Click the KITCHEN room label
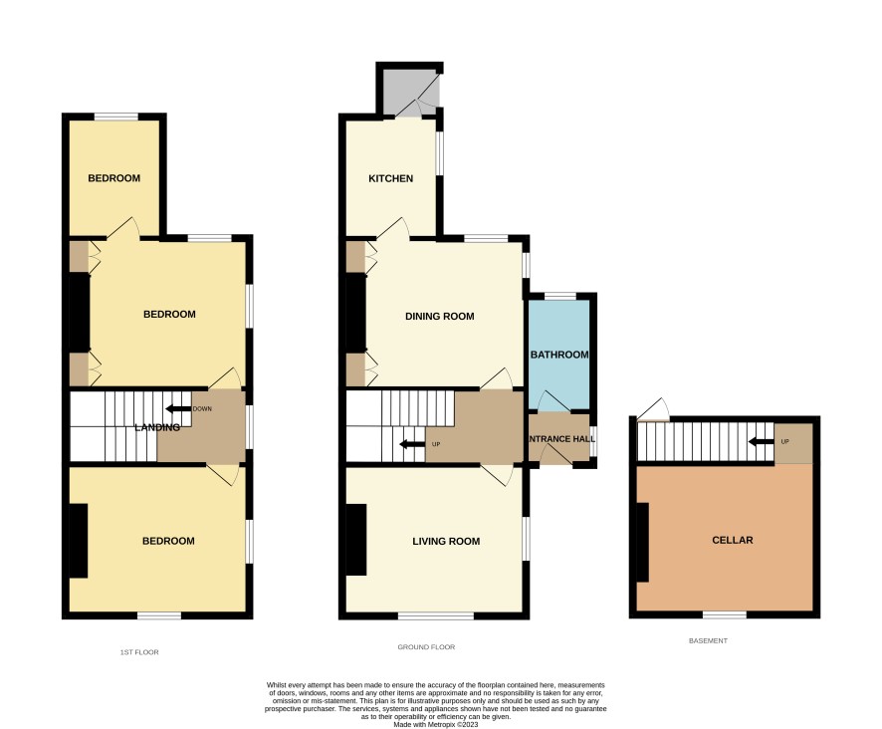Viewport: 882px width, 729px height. pyautogui.click(x=390, y=178)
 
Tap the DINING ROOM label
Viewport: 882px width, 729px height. pyautogui.click(x=439, y=317)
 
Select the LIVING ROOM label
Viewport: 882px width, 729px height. pyautogui.click(x=446, y=542)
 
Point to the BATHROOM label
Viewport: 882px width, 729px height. pyautogui.click(x=559, y=355)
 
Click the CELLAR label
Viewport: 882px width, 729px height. pyautogui.click(x=733, y=540)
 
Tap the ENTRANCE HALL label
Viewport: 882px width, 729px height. pyautogui.click(x=561, y=438)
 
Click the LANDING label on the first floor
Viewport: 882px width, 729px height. pyautogui.click(x=157, y=427)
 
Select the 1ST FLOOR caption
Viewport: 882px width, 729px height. pyautogui.click(x=139, y=652)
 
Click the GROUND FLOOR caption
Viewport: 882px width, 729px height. pyautogui.click(x=426, y=646)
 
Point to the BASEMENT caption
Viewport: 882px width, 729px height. pyautogui.click(x=708, y=640)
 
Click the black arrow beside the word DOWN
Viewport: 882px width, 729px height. pyautogui.click(x=178, y=408)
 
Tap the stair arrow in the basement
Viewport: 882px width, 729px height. pyautogui.click(x=762, y=441)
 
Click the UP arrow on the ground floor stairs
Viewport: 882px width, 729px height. pyautogui.click(x=412, y=444)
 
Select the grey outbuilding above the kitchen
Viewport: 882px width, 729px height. pyautogui.click(x=409, y=90)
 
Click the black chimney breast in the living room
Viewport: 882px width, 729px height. pyautogui.click(x=356, y=540)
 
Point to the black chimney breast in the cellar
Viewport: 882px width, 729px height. pyautogui.click(x=642, y=542)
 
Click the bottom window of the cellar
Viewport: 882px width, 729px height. pyautogui.click(x=725, y=614)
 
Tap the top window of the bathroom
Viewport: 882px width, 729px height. pyautogui.click(x=560, y=296)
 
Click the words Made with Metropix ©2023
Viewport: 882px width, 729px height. pyautogui.click(x=435, y=724)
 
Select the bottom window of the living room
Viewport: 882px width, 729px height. pyautogui.click(x=436, y=615)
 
